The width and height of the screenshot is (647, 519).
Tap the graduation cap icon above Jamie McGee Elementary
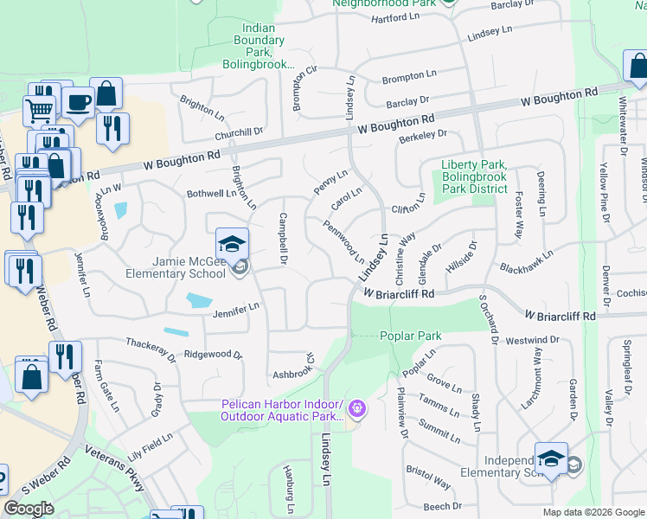click(232, 245)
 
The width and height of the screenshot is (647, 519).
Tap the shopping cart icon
click(39, 109)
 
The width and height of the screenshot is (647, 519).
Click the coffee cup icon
click(78, 103)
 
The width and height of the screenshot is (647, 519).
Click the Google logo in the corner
click(29, 509)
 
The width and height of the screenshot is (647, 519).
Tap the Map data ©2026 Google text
click(591, 511)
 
